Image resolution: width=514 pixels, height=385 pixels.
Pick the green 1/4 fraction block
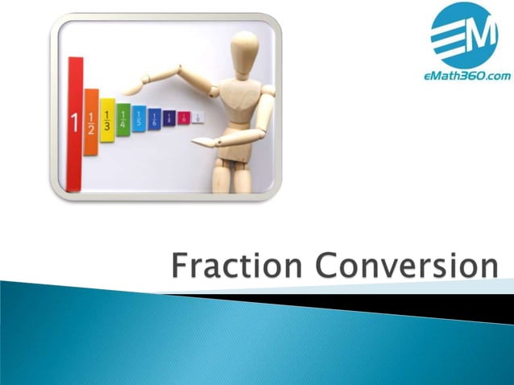pos(122,120)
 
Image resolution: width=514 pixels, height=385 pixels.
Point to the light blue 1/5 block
pos(139,119)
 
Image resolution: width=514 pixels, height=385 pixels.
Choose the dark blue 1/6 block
pos(154,118)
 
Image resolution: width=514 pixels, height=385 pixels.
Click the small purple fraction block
pos(169,118)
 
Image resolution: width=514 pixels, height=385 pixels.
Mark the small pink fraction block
pos(184,118)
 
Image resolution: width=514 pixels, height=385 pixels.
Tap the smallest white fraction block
pos(197,117)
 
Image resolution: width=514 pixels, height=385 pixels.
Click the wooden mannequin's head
pos(244,48)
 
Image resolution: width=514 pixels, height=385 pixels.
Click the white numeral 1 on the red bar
pos(75,123)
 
